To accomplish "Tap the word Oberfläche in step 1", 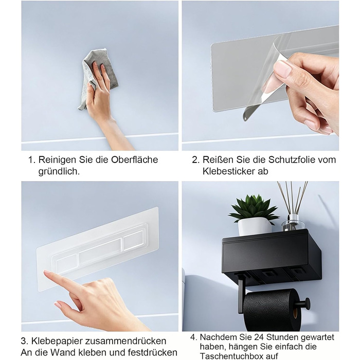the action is coord(135,159).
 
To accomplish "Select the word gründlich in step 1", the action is coord(59,171).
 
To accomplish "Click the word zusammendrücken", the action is coord(125,341).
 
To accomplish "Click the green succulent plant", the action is coord(253,207).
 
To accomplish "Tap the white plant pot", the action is coord(255,226).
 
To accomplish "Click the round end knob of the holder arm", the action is coord(308,304).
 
